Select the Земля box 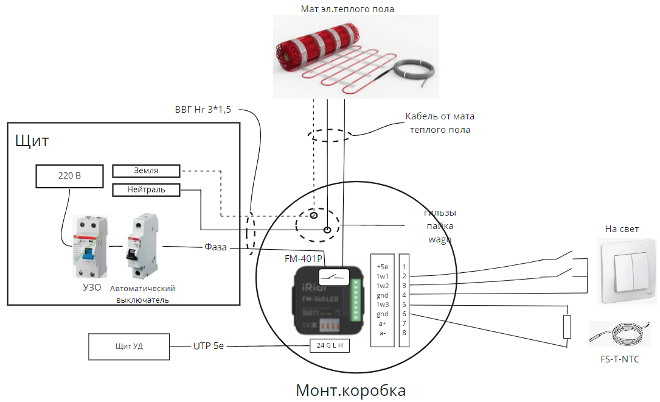point(146,171)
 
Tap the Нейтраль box point(146,190)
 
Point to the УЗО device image point(86,247)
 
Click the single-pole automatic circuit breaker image point(141,246)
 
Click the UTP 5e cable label point(209,346)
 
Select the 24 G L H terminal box point(330,345)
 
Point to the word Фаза point(215,247)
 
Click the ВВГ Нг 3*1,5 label point(207,110)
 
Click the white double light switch point(627,271)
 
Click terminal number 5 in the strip point(404,304)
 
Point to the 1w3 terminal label point(382,304)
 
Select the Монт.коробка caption point(350,390)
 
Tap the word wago point(440,239)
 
